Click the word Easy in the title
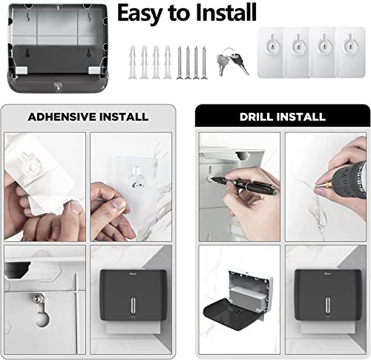140,13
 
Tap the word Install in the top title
226,12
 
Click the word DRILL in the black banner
257,117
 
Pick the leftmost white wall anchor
133,62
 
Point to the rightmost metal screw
204,62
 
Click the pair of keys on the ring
232,61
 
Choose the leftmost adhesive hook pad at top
270,53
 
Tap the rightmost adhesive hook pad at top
350,53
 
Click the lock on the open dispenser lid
58,86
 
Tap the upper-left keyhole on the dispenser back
29,18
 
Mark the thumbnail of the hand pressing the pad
119,205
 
